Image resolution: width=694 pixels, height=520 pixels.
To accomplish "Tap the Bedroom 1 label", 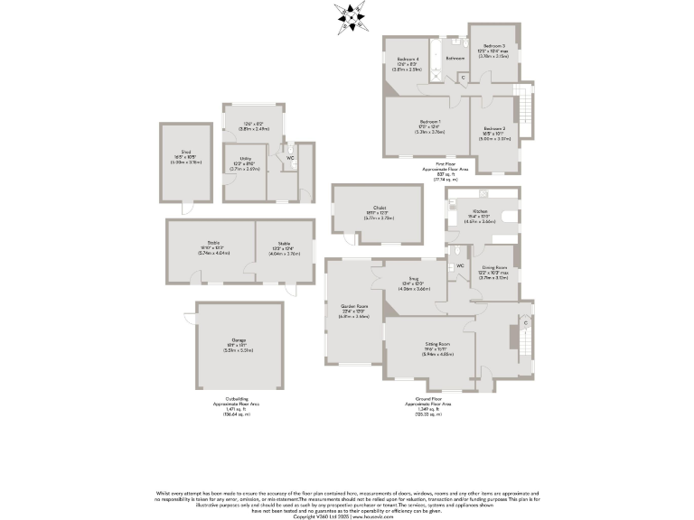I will (429, 122).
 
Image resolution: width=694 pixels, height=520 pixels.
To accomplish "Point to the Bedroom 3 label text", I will (493, 46).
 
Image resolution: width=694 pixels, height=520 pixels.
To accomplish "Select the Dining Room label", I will (493, 267).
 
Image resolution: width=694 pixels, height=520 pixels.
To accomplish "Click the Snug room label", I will (416, 280).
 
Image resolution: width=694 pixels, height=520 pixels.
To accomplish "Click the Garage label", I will (238, 340).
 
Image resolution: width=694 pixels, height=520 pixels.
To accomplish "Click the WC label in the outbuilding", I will (290, 158).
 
